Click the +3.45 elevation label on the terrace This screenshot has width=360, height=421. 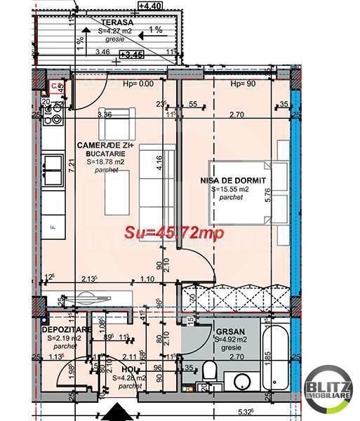tap(131, 53)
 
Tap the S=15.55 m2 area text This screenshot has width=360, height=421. tap(235, 189)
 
